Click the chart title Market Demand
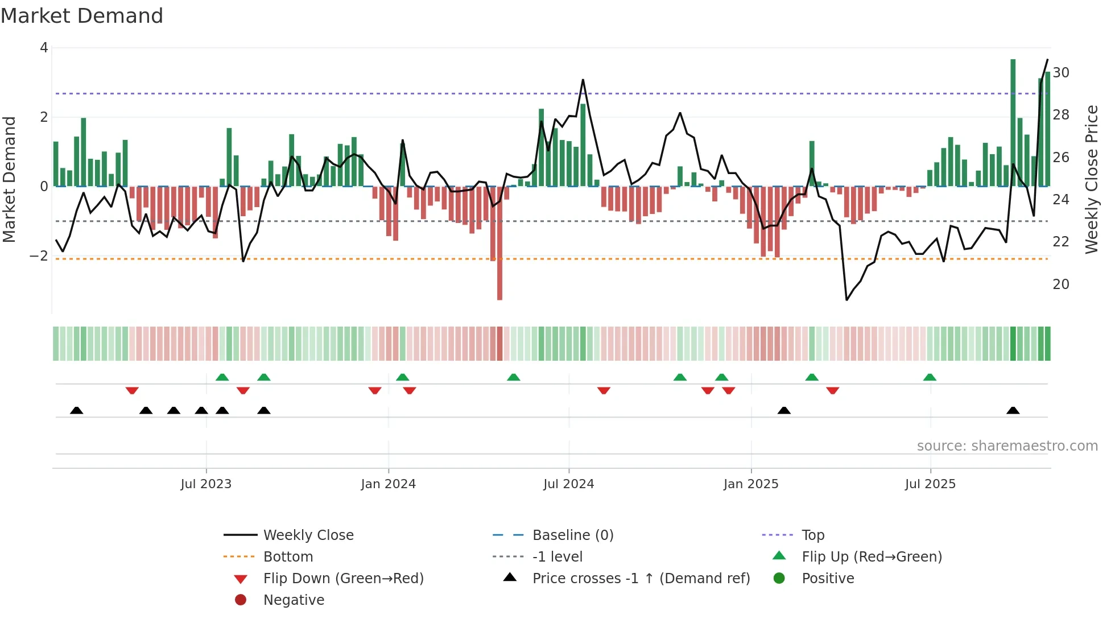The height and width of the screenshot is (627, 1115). (82, 16)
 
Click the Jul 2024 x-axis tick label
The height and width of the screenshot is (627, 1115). (568, 484)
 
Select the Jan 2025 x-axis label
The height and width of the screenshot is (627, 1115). (750, 484)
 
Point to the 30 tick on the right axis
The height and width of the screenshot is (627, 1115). (1060, 73)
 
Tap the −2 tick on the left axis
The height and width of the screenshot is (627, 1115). (39, 256)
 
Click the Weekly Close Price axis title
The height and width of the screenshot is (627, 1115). (1091, 179)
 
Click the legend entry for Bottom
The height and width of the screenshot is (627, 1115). (288, 557)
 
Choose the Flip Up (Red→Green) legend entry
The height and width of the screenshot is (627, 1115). (872, 557)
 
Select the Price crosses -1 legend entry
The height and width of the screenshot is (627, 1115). (641, 579)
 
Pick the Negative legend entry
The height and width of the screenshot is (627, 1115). (294, 600)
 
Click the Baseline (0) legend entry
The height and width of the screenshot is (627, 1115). (572, 535)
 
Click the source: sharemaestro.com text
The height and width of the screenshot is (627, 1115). (1007, 446)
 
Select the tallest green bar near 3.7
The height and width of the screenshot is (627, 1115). (1013, 114)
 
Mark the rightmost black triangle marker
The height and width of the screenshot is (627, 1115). (1013, 410)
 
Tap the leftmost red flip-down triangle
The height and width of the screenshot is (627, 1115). (132, 390)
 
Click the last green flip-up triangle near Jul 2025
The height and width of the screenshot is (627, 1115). (930, 377)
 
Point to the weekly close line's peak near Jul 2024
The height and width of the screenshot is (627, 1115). (583, 80)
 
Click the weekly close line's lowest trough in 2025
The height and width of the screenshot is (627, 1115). (846, 299)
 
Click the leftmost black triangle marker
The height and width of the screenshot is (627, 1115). (76, 410)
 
